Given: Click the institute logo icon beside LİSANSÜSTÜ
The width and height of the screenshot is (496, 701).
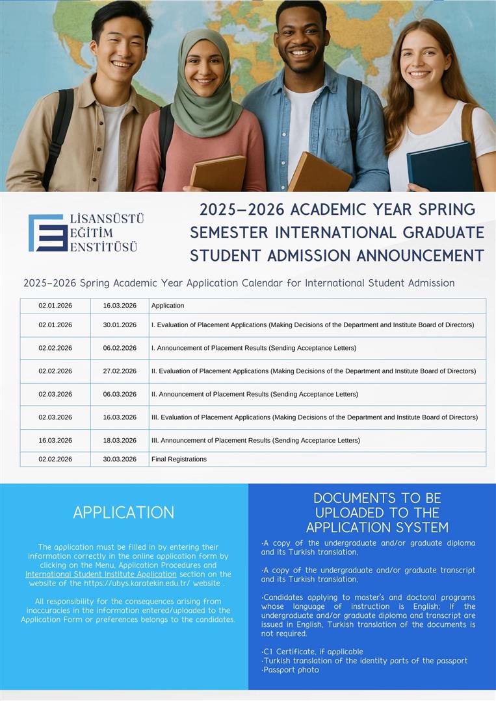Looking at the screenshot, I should pos(47,233).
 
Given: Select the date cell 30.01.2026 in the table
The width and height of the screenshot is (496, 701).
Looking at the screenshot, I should pos(120,325).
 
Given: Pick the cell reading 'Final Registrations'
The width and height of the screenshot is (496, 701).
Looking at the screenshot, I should pos(179,459).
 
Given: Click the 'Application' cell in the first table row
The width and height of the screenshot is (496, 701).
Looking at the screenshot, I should pos(168,305).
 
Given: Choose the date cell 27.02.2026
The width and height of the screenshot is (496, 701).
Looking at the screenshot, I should pos(120,371).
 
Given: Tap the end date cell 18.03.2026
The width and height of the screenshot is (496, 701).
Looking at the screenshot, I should pos(120,440).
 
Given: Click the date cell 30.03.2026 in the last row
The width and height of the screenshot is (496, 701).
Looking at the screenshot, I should pos(120,459).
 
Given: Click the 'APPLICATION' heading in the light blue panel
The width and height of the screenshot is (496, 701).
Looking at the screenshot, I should pos(124,512).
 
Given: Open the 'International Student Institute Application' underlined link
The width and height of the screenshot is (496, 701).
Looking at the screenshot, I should pos(101,574).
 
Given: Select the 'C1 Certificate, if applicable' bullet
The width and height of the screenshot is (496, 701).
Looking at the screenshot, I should pos(312,651).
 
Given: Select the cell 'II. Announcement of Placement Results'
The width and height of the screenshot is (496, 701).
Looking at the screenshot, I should pos(254,394).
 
